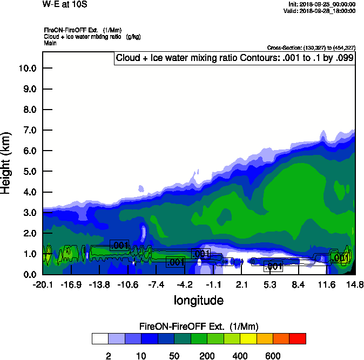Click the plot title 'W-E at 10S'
point(64,5)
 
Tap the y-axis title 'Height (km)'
point(6,162)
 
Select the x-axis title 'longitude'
point(198,300)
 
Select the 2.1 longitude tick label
point(241,284)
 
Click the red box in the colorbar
point(298,338)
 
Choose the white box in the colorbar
point(100,338)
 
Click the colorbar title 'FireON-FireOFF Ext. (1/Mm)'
point(199,327)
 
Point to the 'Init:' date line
point(322,4)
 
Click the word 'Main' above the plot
point(51,43)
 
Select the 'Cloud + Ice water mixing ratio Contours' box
point(234,58)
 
